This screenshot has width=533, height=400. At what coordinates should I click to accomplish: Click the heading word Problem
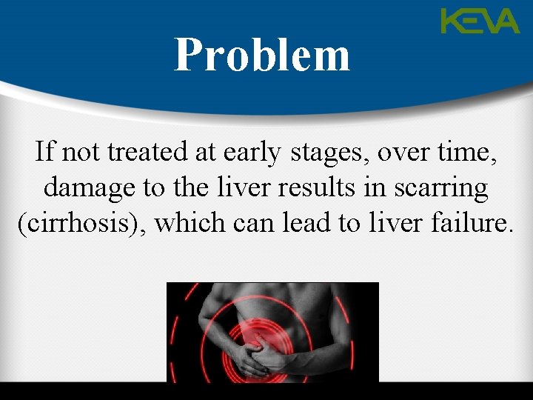pyautogui.click(x=262, y=55)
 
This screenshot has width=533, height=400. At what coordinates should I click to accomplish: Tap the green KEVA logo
pyautogui.click(x=480, y=21)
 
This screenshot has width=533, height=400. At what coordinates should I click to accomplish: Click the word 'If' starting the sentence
pyautogui.click(x=44, y=152)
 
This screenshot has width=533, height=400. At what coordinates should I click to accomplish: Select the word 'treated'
pyautogui.click(x=136, y=152)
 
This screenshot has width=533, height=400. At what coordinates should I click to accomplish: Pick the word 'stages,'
pyautogui.click(x=330, y=153)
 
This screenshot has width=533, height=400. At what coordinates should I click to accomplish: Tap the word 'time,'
pyautogui.click(x=467, y=152)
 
